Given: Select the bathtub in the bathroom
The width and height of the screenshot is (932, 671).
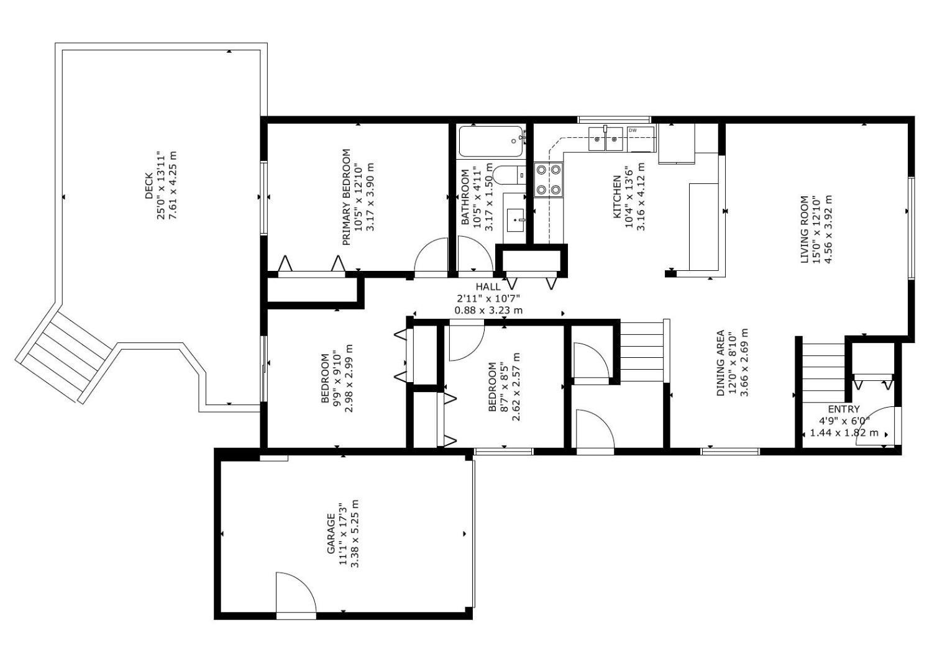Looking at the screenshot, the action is click(491, 142).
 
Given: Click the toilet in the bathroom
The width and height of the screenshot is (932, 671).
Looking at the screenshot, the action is click(508, 175).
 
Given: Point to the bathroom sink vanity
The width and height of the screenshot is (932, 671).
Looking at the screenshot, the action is click(514, 219).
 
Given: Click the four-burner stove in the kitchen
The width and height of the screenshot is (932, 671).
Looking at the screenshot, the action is click(549, 180).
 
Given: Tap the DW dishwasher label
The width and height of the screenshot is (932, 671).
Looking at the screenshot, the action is click(633, 130).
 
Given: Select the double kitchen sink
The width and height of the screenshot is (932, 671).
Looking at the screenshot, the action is click(605, 139).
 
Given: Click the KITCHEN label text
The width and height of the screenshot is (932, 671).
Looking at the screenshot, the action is click(617, 197).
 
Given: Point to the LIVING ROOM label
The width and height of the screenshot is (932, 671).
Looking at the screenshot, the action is click(805, 229).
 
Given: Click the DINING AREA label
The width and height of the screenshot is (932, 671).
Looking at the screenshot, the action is click(721, 363).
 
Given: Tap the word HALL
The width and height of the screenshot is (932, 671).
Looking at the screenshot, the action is click(488, 286).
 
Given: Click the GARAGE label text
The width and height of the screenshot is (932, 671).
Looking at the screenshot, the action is click(331, 534).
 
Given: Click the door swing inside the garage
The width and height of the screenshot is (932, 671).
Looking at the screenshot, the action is click(295, 592).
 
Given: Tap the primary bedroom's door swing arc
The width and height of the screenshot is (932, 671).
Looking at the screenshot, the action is click(431, 257).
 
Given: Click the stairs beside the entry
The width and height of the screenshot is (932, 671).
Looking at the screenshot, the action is click(824, 372).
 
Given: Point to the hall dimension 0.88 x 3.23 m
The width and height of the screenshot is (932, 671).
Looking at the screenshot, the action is click(488, 310).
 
